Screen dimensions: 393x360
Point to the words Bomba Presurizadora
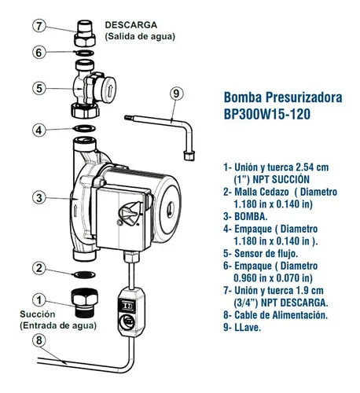tap(283, 98)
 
